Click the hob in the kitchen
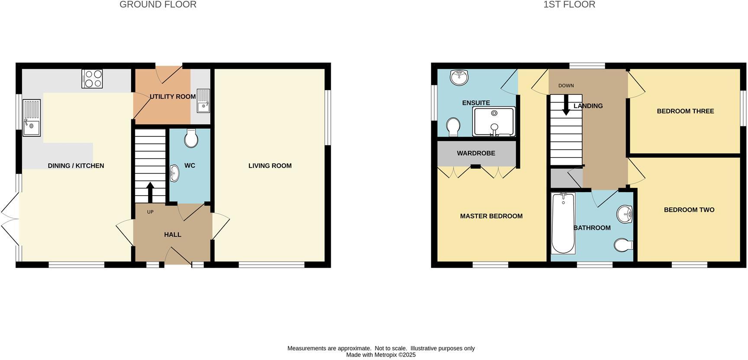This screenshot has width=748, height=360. pyautogui.click(x=92, y=79)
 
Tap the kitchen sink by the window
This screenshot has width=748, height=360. pyautogui.click(x=32, y=118)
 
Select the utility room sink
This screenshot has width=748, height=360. pyautogui.click(x=203, y=101)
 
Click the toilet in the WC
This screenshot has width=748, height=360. pyautogui.click(x=191, y=139)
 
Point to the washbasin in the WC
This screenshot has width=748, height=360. pyautogui.click(x=174, y=173)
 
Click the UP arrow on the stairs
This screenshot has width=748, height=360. pyautogui.click(x=150, y=192)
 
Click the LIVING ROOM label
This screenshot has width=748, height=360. pyautogui.click(x=270, y=166)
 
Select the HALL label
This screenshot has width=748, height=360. pyautogui.click(x=172, y=235)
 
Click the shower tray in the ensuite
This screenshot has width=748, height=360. pyautogui.click(x=494, y=121)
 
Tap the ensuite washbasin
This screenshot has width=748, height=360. pyautogui.click(x=459, y=77)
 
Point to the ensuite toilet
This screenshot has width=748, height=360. pyautogui.click(x=453, y=127)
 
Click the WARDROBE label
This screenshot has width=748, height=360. pyautogui.click(x=476, y=153)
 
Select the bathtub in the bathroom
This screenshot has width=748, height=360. pyautogui.click(x=563, y=223)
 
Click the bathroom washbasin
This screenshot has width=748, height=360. pyautogui.click(x=625, y=214)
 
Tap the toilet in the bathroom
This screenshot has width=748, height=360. pyautogui.click(x=623, y=245)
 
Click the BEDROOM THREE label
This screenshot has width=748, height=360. pyautogui.click(x=685, y=111)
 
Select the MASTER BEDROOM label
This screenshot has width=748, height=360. pyautogui.click(x=491, y=216)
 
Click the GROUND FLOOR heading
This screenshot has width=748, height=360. pyautogui.click(x=158, y=5)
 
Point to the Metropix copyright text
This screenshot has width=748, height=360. pyautogui.click(x=380, y=355)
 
